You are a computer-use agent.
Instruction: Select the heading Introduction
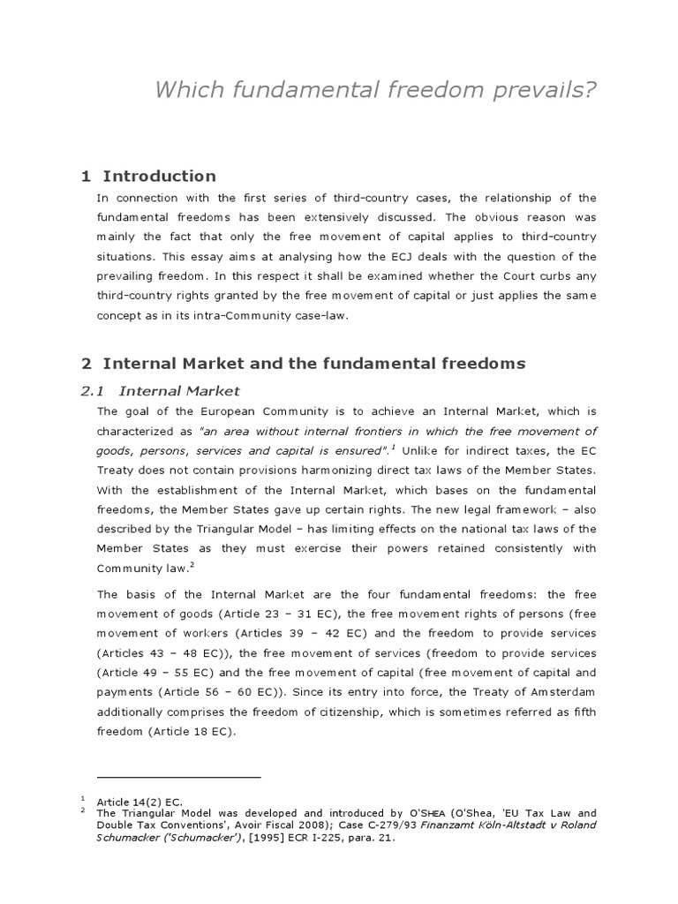tap(159, 176)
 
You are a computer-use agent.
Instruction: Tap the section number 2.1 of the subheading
tap(93, 391)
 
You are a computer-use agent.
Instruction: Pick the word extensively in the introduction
tap(337, 217)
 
